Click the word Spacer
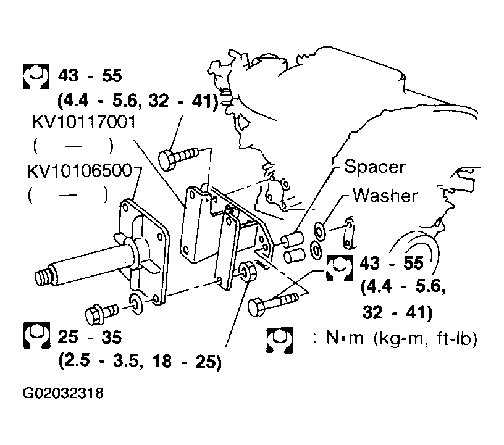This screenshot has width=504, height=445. tap(374, 167)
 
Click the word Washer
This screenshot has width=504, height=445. tap(385, 195)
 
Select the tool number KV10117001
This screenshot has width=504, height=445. tap(84, 122)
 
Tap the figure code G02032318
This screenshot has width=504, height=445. tap(63, 393)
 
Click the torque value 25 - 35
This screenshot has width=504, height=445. tap(90, 337)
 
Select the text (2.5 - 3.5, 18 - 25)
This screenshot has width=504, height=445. tap(140, 361)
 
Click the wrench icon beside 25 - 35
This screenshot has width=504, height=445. tap(36, 335)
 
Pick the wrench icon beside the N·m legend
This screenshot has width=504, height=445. tap(280, 340)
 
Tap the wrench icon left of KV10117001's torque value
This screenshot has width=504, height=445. tap(36, 77)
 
